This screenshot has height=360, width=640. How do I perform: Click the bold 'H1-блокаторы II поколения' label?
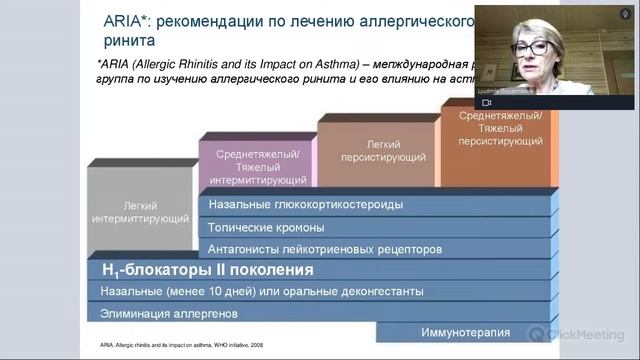tap(208, 270)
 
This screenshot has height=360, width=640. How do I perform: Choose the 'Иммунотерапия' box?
tap(465, 332)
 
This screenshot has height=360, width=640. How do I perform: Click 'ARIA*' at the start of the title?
tap(125, 21)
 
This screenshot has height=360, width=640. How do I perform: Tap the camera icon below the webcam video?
tap(487, 103)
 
